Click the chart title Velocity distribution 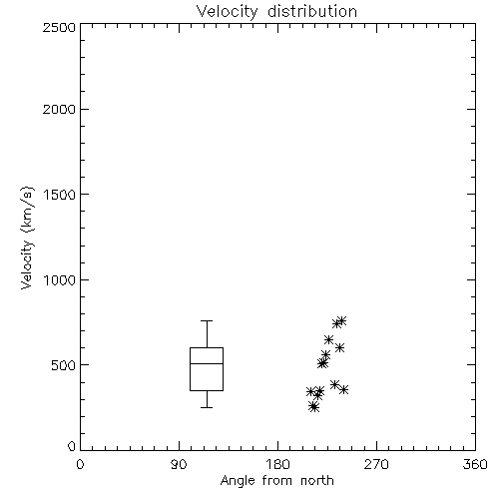click(276, 12)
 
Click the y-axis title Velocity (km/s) click(27, 238)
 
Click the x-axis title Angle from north click(276, 481)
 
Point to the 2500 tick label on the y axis click(59, 27)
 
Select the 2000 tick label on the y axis click(59, 109)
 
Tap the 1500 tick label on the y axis click(60, 195)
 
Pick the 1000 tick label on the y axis click(60, 280)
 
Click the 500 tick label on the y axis click(64, 365)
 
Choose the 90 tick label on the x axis click(179, 464)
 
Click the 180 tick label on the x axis click(277, 464)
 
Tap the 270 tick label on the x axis click(376, 464)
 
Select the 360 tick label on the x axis click(475, 464)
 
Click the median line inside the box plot click(207, 363)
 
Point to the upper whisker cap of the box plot click(207, 320)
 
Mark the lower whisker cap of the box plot click(207, 407)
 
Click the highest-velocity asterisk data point click(341, 321)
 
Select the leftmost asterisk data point click(310, 392)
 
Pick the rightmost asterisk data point click(344, 389)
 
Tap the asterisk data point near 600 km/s click(339, 348)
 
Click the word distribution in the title click(312, 11)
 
